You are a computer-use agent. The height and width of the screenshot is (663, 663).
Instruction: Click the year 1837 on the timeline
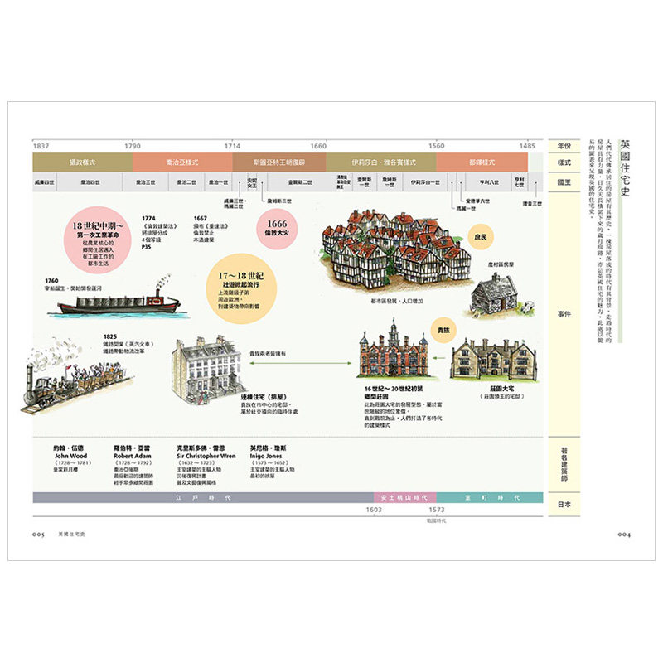click(41, 145)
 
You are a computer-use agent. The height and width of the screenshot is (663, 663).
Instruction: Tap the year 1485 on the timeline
click(528, 145)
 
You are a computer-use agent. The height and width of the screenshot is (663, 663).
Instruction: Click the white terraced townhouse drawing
click(201, 365)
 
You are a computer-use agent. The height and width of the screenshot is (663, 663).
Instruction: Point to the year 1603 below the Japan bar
click(374, 511)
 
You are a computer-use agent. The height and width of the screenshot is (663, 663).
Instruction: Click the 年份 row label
click(564, 145)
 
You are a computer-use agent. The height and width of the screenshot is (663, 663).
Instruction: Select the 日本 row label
click(564, 504)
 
